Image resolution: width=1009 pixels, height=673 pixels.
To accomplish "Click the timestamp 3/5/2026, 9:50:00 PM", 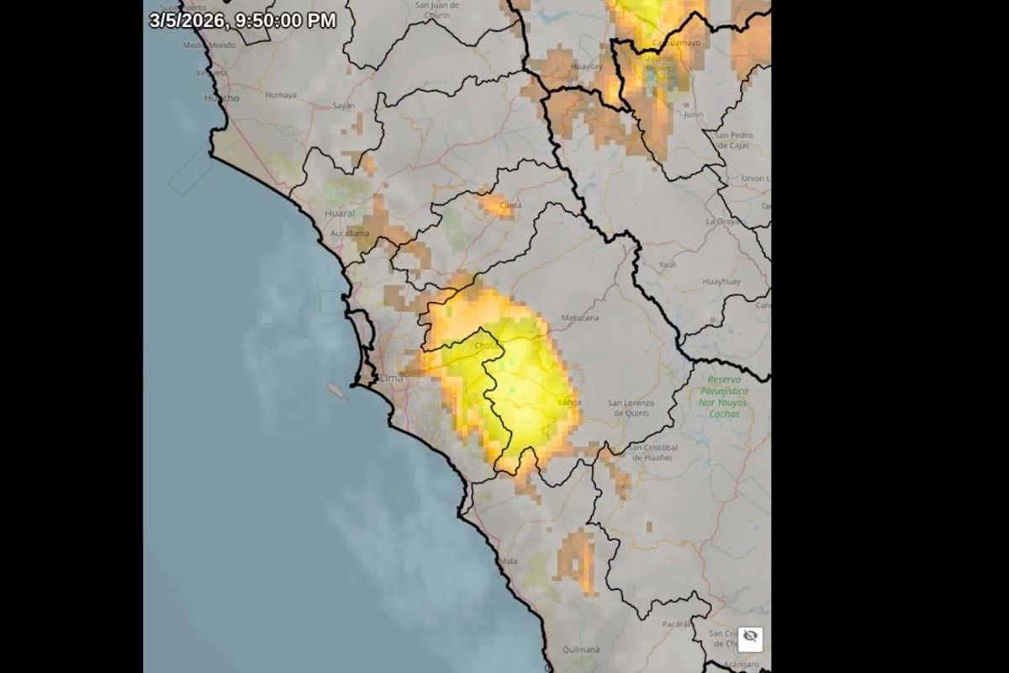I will (243, 20).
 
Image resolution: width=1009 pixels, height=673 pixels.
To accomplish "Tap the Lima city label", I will (393, 379).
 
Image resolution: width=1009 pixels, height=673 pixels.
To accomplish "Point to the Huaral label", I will (339, 214).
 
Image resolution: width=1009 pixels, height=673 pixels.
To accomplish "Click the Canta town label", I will (510, 204).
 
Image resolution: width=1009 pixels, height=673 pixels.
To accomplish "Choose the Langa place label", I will (569, 403).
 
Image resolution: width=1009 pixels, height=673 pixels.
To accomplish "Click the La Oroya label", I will (721, 221).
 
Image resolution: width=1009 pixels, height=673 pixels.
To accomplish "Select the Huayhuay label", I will (721, 281).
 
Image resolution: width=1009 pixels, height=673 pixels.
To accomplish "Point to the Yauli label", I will (668, 264).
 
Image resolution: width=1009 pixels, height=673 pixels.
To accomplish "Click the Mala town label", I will (508, 560).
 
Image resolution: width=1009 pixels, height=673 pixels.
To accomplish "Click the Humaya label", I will (281, 95).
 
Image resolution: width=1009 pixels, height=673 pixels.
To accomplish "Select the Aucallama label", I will (350, 231).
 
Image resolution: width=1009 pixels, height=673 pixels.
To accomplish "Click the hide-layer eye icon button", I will (750, 638).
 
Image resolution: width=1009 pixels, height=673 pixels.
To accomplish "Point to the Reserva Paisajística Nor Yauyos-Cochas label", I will (723, 396).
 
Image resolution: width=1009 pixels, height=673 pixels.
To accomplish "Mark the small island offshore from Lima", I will (335, 391).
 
